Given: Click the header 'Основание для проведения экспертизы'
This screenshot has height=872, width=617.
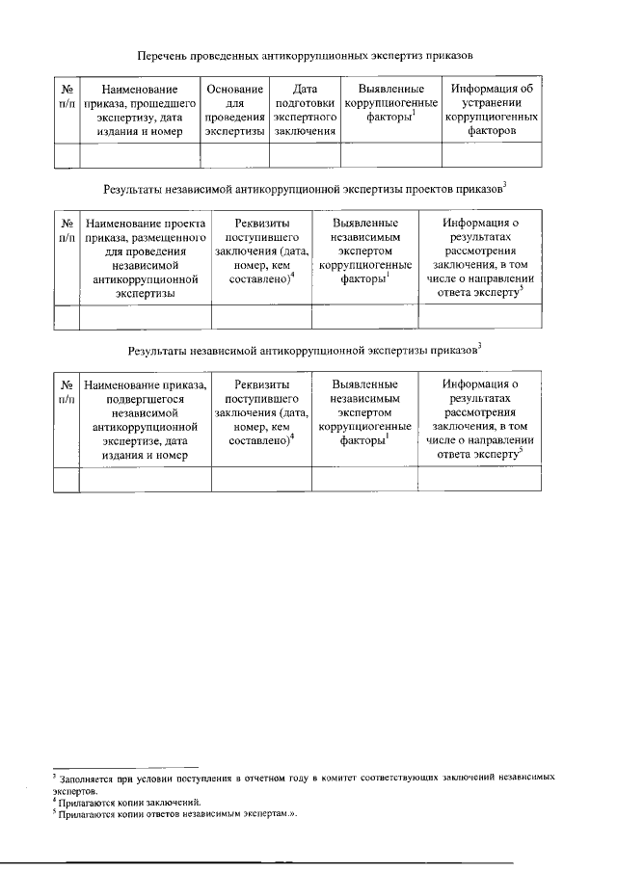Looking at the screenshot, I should click(x=235, y=110).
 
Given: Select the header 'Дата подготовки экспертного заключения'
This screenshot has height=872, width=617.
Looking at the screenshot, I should click(x=304, y=110).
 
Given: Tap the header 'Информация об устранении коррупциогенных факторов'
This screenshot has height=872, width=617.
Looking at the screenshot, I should click(x=498, y=110).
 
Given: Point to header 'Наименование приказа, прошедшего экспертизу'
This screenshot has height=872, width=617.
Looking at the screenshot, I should click(x=139, y=110).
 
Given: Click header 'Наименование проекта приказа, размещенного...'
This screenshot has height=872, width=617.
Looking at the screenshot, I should click(x=145, y=259).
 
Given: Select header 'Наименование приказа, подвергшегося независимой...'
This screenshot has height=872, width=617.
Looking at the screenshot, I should click(x=145, y=421).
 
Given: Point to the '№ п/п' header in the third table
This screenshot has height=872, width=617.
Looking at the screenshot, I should click(x=66, y=392).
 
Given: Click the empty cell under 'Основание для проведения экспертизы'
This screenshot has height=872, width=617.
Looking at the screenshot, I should click(x=235, y=154).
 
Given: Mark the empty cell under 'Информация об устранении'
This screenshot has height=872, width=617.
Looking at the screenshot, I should click(x=498, y=154).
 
